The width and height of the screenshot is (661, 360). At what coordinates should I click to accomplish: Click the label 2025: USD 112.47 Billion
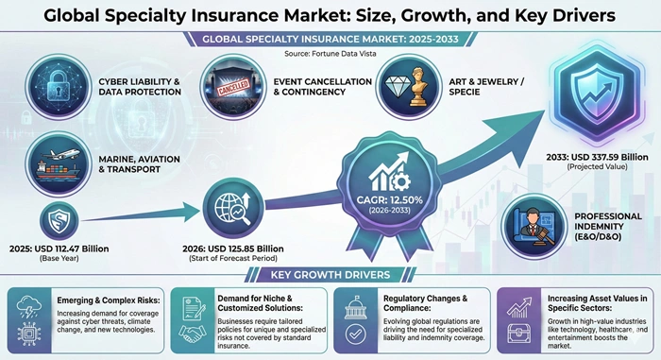click(62, 249)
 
